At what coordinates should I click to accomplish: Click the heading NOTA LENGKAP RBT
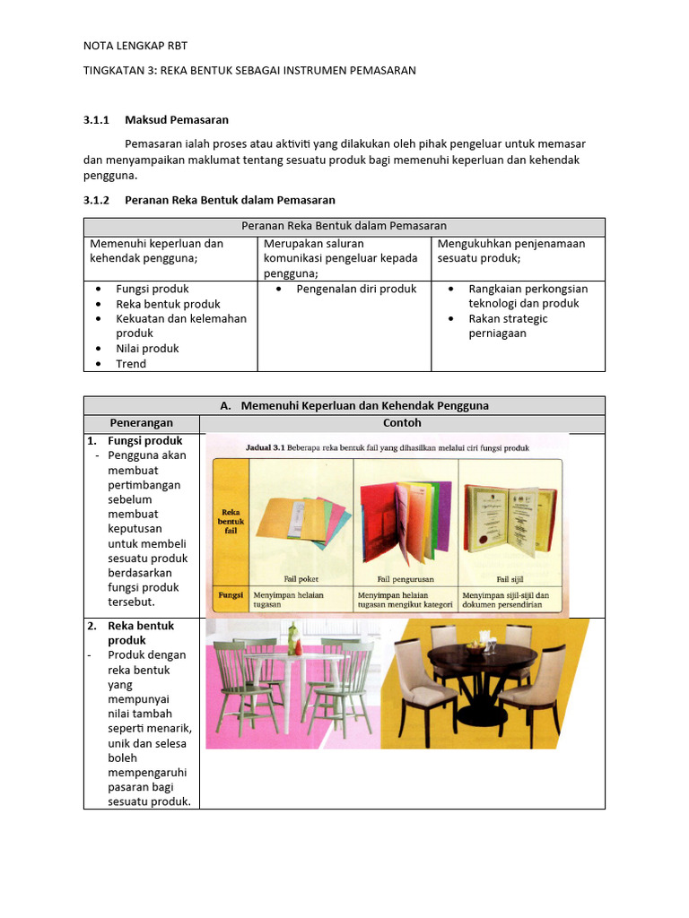[x=135, y=46]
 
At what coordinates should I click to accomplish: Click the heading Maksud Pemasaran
[x=177, y=119]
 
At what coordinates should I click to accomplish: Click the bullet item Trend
[x=131, y=364]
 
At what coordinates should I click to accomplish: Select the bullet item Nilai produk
[x=147, y=349]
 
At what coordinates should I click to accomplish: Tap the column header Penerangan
[x=142, y=423]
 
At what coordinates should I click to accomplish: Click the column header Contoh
[x=402, y=423]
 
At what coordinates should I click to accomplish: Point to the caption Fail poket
[x=301, y=577]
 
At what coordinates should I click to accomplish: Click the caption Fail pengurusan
[x=407, y=577]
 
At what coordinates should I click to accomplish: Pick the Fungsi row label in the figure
[x=231, y=594]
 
